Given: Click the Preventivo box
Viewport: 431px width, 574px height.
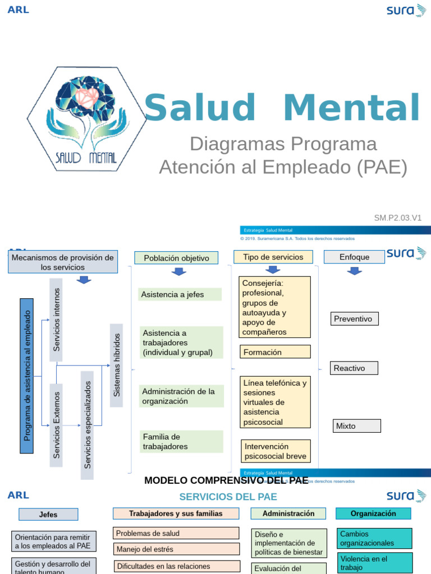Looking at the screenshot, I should [355, 319].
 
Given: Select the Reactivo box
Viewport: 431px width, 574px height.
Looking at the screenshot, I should [354, 368].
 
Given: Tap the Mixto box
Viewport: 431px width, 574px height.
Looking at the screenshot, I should [356, 426].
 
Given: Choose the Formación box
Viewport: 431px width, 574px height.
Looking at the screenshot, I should [275, 352].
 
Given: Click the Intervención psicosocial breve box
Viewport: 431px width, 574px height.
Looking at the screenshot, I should [276, 451].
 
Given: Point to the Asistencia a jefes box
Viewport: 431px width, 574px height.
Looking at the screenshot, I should [180, 294].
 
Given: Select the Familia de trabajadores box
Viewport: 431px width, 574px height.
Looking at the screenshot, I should [181, 442].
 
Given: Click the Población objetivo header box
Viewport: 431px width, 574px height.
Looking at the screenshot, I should [176, 258].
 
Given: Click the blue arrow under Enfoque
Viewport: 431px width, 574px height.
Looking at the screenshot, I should [354, 271].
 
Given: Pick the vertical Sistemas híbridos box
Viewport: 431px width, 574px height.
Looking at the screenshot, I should [117, 365].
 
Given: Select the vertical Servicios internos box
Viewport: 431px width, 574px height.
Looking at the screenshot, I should [56, 320].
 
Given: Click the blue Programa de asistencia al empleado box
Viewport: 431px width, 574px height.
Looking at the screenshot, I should [26, 376].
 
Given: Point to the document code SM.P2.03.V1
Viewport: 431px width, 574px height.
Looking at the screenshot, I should [397, 218].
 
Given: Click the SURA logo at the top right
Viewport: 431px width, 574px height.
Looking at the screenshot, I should [406, 10].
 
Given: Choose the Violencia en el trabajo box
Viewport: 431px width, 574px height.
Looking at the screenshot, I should [374, 563].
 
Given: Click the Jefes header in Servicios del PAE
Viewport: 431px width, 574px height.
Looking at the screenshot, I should [48, 514].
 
